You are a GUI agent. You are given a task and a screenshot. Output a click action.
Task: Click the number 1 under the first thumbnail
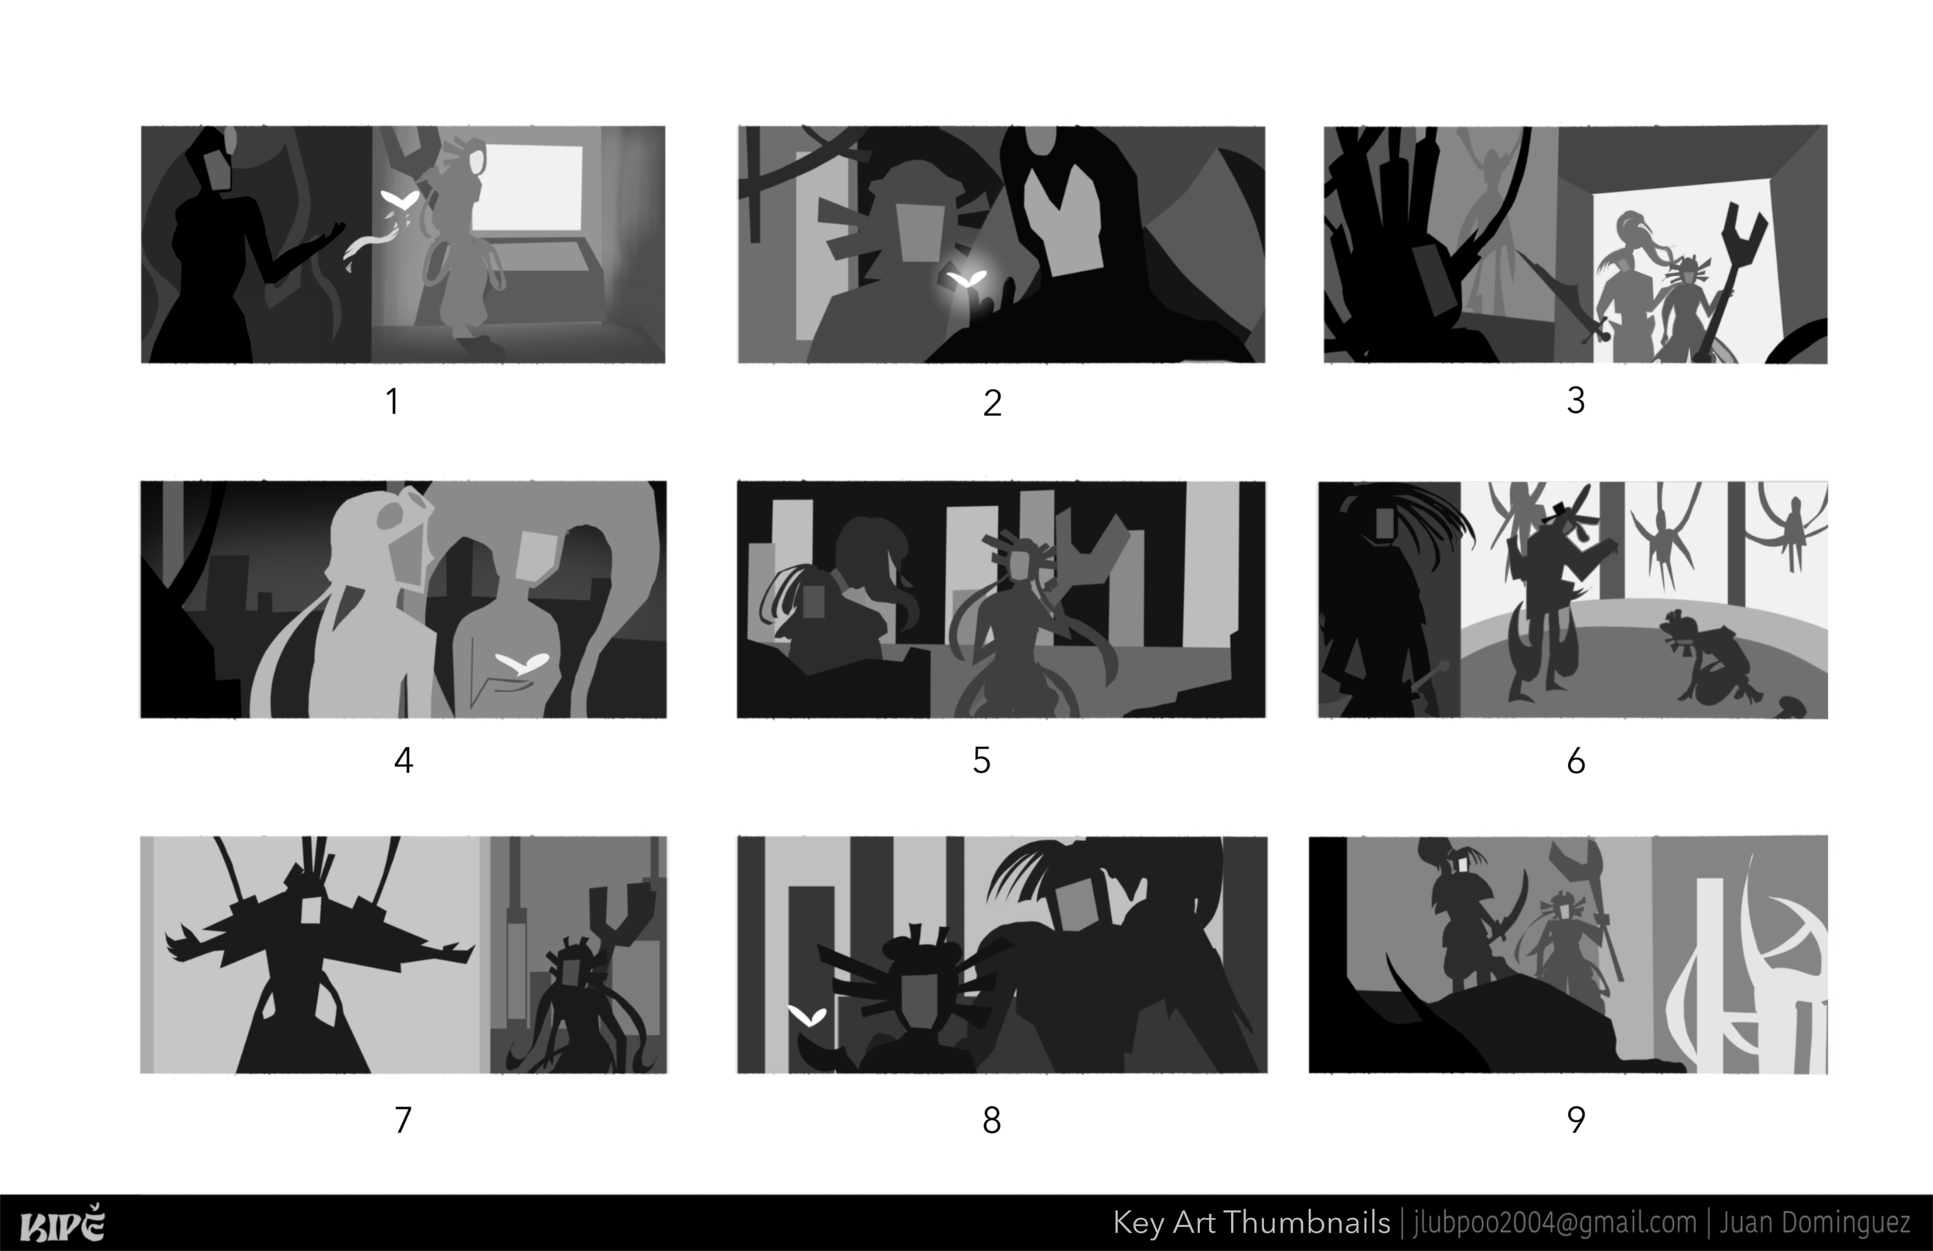pyautogui.click(x=392, y=401)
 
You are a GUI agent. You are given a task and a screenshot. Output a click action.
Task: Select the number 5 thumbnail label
pyautogui.click(x=981, y=760)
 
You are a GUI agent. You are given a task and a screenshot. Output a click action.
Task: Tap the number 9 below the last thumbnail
pyautogui.click(x=1576, y=1120)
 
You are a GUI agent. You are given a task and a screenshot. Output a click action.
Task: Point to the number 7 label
pyautogui.click(x=403, y=1120)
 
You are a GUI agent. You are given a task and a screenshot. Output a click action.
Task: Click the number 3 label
pyautogui.click(x=1576, y=400)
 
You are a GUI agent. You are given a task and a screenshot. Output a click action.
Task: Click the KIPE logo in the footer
pyautogui.click(x=62, y=1224)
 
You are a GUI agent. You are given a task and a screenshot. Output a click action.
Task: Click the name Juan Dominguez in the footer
pyautogui.click(x=1814, y=1222)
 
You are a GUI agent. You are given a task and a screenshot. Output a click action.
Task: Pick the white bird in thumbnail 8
pyautogui.click(x=807, y=1014)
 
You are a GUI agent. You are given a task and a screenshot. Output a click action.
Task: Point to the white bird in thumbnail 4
pyautogui.click(x=522, y=663)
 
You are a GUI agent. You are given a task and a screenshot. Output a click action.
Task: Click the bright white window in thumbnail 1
pyautogui.click(x=527, y=189)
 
